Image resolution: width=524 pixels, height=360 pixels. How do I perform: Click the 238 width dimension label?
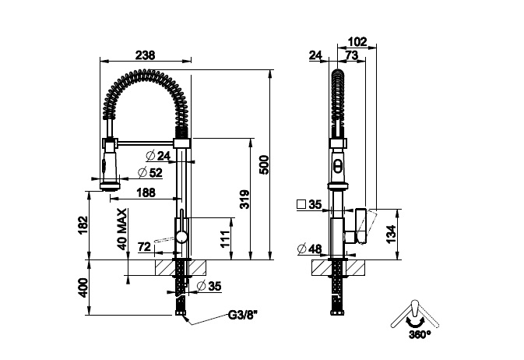point(146,55)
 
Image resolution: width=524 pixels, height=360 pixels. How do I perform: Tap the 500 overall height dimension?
point(264,164)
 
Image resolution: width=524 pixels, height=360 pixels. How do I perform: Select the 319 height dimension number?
point(244,199)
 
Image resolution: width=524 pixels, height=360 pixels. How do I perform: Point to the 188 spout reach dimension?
point(146,192)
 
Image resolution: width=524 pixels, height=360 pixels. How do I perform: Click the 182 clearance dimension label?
point(83,225)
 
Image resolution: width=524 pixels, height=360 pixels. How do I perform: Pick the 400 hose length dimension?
point(83,288)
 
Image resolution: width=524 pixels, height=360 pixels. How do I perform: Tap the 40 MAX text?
point(122,229)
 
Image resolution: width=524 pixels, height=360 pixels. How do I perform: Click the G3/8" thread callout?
point(243,315)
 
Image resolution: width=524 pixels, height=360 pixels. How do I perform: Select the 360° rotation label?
point(420,334)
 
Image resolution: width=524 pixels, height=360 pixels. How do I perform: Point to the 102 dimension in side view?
point(357,42)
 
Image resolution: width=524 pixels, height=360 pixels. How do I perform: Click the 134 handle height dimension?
point(391,234)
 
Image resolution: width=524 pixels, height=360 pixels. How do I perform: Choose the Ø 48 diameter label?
point(309,249)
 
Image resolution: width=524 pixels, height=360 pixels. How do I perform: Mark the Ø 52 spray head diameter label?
point(150,172)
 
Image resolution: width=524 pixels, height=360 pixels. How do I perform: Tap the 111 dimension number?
point(226,238)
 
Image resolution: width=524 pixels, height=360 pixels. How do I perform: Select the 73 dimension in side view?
point(351,55)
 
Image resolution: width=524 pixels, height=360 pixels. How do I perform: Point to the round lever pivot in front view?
point(181,238)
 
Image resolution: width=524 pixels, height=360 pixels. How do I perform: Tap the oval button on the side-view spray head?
point(338,165)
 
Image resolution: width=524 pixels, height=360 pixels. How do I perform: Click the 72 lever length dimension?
point(144,247)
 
